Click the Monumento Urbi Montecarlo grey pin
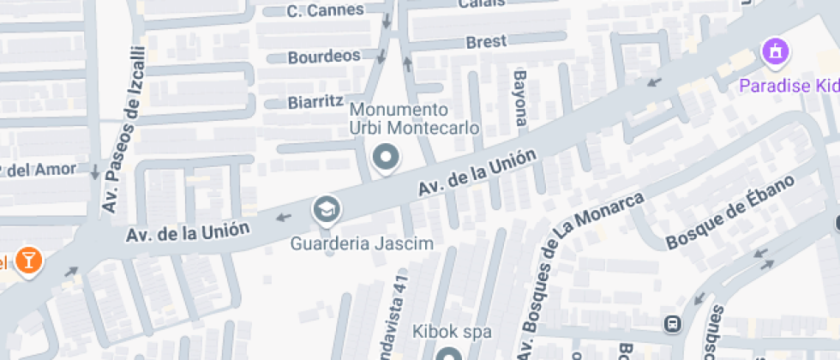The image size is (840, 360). click(x=386, y=158)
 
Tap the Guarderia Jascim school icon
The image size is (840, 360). click(x=327, y=208)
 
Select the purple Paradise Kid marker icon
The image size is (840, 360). click(x=775, y=51)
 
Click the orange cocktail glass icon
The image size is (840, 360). click(x=29, y=260)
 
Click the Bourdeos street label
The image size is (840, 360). click(x=324, y=57)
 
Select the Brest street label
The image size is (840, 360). click(x=486, y=41)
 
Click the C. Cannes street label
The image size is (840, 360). click(x=325, y=11)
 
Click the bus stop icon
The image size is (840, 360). click(x=673, y=324)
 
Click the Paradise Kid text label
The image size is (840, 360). click(x=789, y=86)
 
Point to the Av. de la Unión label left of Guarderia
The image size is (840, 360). click(x=188, y=231)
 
